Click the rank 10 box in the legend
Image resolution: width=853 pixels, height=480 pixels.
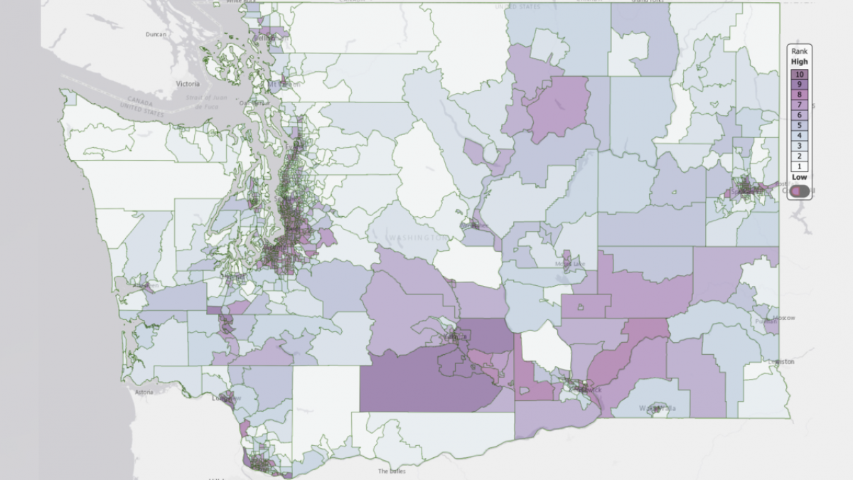click(x=800, y=74)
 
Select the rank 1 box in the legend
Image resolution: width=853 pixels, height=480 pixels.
click(x=800, y=166)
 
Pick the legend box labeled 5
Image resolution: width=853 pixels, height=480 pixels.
click(x=800, y=125)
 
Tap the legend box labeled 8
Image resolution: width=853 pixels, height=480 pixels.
click(x=800, y=95)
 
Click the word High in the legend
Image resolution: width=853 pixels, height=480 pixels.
click(x=800, y=62)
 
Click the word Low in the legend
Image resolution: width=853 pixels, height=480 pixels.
click(x=800, y=177)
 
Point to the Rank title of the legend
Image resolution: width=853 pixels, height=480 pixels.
click(x=800, y=52)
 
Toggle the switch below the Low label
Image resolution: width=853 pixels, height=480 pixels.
click(x=800, y=190)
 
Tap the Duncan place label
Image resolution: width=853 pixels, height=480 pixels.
click(x=155, y=34)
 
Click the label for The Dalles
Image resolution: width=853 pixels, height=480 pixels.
click(x=392, y=471)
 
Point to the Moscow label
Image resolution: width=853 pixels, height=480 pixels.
click(x=784, y=317)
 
